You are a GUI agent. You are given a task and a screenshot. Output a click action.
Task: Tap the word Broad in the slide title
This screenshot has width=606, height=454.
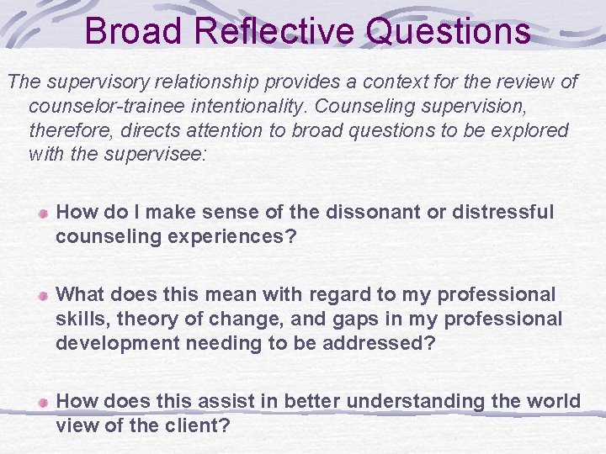pyautogui.click(x=133, y=31)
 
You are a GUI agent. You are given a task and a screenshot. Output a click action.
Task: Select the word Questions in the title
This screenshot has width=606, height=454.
pyautogui.click(x=449, y=31)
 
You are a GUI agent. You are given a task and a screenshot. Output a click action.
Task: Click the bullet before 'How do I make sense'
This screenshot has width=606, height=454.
pyautogui.click(x=42, y=214)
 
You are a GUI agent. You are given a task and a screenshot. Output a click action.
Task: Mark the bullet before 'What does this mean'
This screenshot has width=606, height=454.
pyautogui.click(x=42, y=296)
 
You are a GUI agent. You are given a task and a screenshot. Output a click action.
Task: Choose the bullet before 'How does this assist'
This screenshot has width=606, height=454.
pyautogui.click(x=42, y=403)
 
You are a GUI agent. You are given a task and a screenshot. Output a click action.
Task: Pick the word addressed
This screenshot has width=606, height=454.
pyautogui.click(x=385, y=342)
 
